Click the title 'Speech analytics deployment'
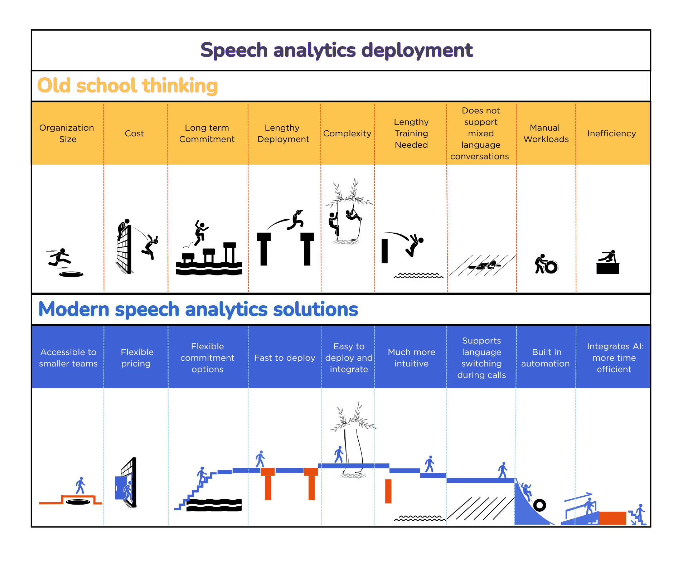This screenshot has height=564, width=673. pyautogui.click(x=336, y=50)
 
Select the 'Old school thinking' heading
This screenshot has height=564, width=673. pyautogui.click(x=127, y=86)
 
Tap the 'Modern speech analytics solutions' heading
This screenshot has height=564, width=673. pyautogui.click(x=198, y=309)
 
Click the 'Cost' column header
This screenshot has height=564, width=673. pyautogui.click(x=134, y=133)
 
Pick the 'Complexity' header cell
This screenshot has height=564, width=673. pyautogui.click(x=347, y=133)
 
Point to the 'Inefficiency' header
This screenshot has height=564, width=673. pyautogui.click(x=611, y=133)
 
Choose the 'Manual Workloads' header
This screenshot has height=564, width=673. pyautogui.click(x=546, y=133)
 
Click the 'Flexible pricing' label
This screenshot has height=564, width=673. pyautogui.click(x=137, y=358)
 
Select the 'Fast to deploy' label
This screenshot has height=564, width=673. pyautogui.click(x=285, y=358)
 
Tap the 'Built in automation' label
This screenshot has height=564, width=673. pyautogui.click(x=545, y=358)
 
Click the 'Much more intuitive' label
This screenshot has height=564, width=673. pyautogui.click(x=411, y=358)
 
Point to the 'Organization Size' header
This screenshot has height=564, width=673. pyautogui.click(x=67, y=133)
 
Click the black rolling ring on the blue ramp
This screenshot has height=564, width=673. pyautogui.click(x=539, y=505)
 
